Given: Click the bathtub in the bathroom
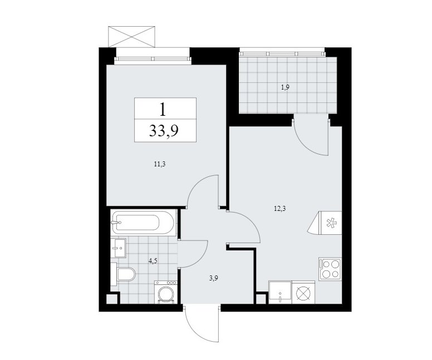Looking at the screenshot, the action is pyautogui.click(x=143, y=222).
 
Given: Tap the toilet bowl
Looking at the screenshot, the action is pyautogui.click(x=124, y=274).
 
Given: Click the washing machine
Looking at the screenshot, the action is pyautogui.click(x=165, y=292).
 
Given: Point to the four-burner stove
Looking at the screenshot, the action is pyautogui.click(x=330, y=269).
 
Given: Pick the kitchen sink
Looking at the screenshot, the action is pyautogui.click(x=280, y=292).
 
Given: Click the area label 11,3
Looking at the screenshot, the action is pyautogui.click(x=160, y=165).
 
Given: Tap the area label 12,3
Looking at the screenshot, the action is pyautogui.click(x=279, y=209).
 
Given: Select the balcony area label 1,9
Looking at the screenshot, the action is pyautogui.click(x=286, y=87).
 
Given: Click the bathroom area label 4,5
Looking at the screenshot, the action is pyautogui.click(x=153, y=261).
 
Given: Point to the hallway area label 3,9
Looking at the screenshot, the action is pyautogui.click(x=214, y=278).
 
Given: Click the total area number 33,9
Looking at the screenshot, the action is pyautogui.click(x=164, y=131).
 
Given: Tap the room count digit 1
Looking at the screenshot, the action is pyautogui.click(x=163, y=109).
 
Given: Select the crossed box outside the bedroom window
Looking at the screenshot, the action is pyautogui.click(x=132, y=37).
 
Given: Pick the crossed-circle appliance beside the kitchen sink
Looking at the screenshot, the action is pyautogui.click(x=303, y=293).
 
